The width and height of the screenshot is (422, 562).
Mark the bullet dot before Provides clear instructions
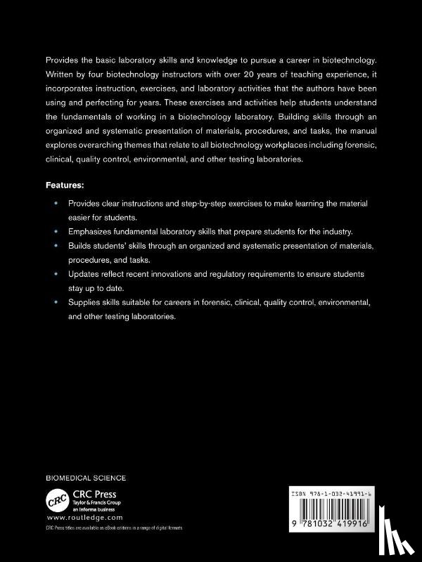coord(56,203)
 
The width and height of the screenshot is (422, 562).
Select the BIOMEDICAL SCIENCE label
coord(86,478)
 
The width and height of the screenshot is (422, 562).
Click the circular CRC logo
coord(56,500)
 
